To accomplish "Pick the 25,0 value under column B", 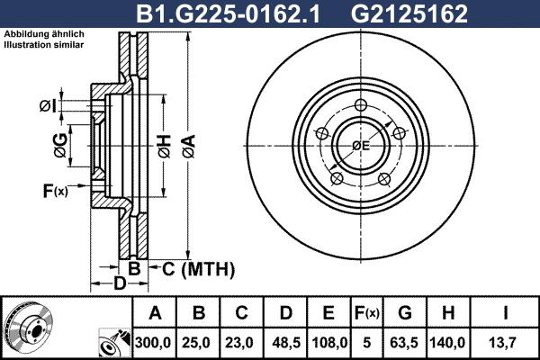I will point(199,341).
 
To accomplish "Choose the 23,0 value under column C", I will point(242,341).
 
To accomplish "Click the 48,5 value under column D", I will point(285,341).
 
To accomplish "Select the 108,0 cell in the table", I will point(328,341).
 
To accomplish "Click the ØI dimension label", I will point(47,106).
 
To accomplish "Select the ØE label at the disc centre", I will point(362,145).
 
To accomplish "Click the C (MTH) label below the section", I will point(197,268).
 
